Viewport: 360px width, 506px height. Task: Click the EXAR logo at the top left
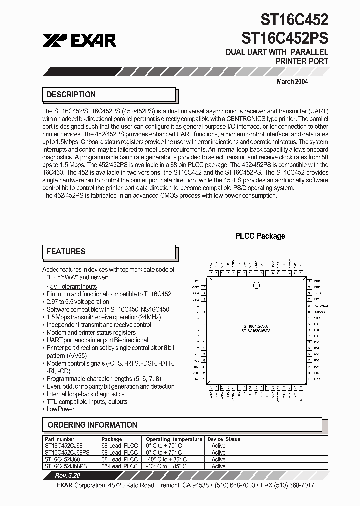79,40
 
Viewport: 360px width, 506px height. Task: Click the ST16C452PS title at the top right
285,37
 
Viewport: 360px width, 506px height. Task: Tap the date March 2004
292,81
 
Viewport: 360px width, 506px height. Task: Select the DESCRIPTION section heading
71,94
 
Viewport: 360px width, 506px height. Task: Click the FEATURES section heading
66,251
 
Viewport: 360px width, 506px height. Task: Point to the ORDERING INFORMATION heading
92,425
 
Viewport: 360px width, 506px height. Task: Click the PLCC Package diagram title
260,236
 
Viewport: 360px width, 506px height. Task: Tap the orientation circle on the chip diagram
257,286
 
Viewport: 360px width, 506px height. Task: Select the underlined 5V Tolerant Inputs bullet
73,286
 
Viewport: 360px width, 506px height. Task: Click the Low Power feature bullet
60,409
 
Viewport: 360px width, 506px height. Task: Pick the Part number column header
59,439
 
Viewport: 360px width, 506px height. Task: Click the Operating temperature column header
174,439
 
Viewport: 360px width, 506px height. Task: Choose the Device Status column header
224,439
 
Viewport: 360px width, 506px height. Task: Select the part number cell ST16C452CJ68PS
67,452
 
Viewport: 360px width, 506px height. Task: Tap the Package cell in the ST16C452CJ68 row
119,446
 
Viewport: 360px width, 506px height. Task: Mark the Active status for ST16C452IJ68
218,459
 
